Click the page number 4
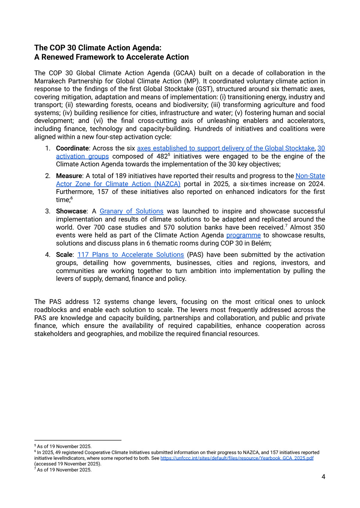(x=323, y=477)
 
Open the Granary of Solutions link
(x=131, y=211)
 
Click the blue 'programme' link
(x=243, y=235)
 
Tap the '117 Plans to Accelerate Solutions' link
(x=130, y=255)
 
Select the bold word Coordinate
(x=72, y=148)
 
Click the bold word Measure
(x=69, y=176)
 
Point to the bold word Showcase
(x=71, y=211)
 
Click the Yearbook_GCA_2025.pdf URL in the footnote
(x=237, y=458)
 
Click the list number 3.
(x=47, y=211)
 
